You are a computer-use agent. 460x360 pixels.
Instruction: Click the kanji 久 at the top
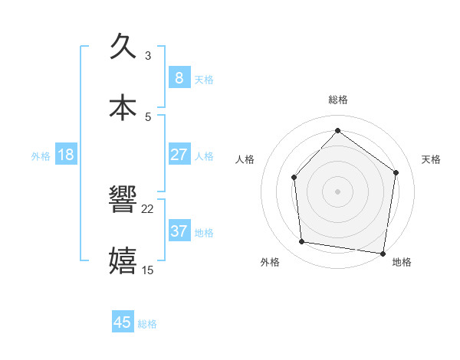123,47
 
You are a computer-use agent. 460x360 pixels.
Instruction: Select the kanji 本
123,107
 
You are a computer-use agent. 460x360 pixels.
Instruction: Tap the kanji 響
123,200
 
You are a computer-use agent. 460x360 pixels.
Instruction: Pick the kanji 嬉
123,260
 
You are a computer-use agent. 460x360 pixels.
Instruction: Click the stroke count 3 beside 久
147,55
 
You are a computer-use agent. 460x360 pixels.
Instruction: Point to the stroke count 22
147,208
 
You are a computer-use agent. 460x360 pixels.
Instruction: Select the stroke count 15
147,270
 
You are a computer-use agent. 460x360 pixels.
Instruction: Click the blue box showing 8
179,77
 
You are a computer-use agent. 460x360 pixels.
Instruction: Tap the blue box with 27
179,154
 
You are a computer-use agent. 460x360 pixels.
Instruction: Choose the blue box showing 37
179,231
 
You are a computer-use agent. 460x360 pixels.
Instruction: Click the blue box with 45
123,322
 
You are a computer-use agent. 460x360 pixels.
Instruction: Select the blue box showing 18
66,154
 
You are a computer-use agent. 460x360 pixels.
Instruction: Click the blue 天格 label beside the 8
204,79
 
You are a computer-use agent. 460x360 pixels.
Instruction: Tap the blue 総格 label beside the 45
147,324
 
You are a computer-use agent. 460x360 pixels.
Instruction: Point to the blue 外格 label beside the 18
41,155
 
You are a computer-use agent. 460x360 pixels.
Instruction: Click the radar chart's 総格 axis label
337,100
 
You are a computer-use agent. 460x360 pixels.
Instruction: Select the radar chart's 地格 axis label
402,262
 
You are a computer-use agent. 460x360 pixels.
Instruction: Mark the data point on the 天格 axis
396,172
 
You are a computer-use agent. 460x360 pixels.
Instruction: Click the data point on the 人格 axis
294,178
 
